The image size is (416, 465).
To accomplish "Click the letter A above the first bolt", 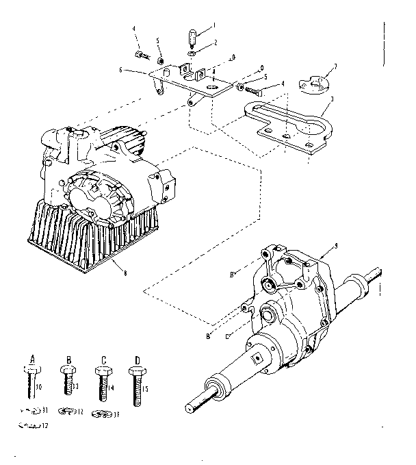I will point(33,357).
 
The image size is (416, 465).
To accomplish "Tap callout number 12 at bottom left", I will point(47,427).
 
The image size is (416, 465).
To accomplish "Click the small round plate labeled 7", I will point(315,84).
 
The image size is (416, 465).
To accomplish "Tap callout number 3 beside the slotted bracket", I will point(332,99).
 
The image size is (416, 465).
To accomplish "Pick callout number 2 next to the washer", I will point(214,42).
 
